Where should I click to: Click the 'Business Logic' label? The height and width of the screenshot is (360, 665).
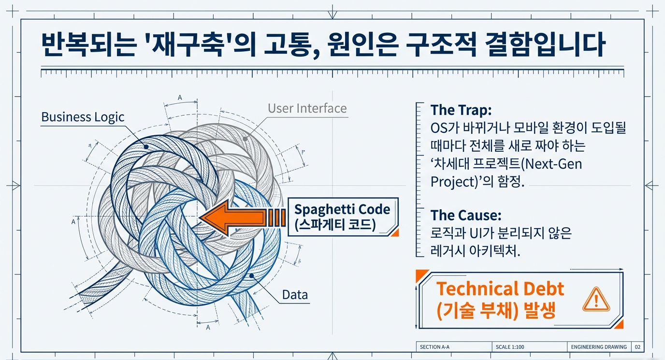(83, 117)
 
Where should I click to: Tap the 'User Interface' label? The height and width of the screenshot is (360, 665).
(307, 108)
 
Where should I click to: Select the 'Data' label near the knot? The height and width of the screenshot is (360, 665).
(295, 294)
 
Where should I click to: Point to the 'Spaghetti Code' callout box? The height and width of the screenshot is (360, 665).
(343, 216)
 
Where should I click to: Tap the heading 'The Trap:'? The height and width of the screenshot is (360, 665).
(461, 110)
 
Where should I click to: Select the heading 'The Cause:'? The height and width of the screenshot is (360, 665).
(465, 215)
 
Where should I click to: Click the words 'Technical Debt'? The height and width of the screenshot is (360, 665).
(500, 289)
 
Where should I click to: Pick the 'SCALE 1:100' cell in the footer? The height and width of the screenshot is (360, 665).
(510, 347)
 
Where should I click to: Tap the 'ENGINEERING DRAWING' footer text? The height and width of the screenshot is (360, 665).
(598, 347)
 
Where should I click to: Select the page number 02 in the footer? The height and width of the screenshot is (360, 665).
(638, 347)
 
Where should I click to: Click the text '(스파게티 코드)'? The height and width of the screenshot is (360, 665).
(335, 225)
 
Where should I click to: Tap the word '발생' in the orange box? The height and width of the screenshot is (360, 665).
(541, 310)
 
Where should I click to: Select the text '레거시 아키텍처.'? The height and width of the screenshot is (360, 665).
(475, 251)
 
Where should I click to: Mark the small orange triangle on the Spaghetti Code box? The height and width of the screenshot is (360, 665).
(395, 232)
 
